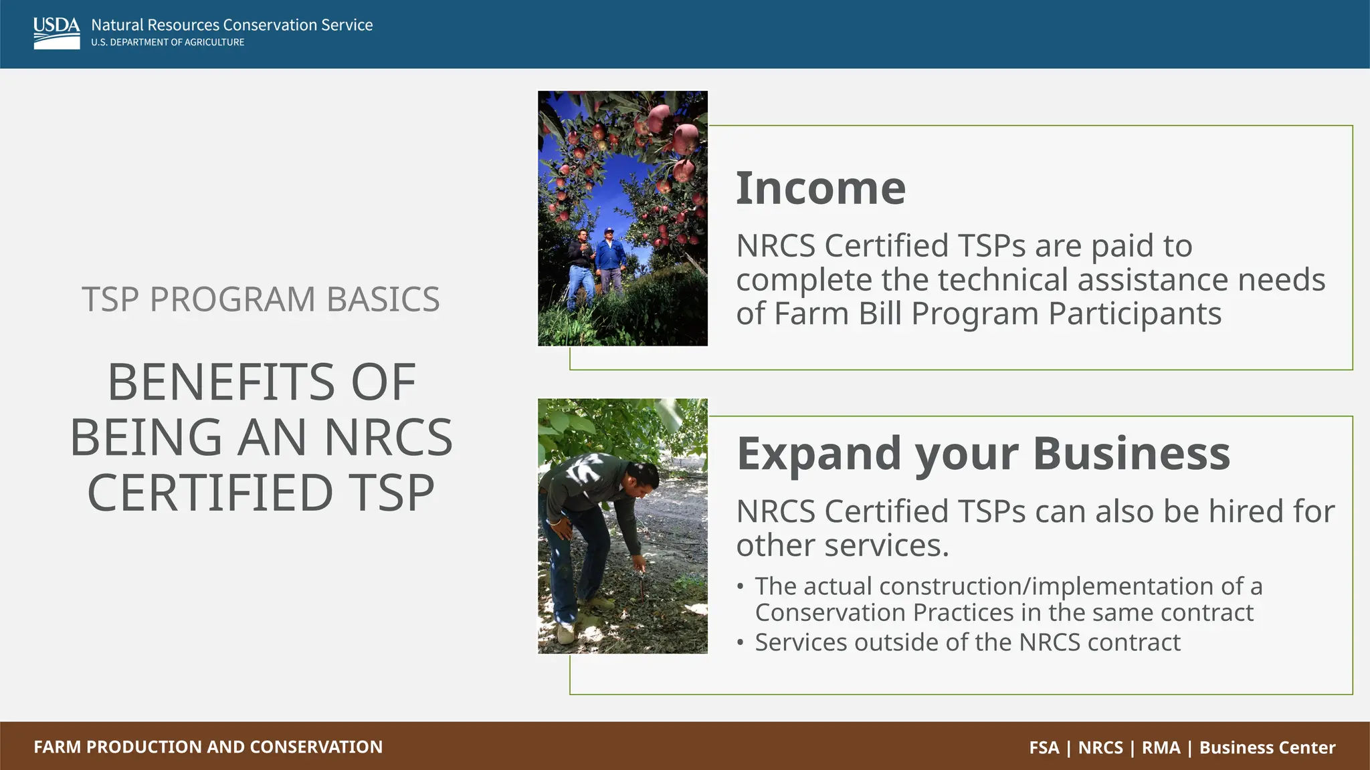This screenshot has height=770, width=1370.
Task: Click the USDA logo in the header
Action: click(57, 33)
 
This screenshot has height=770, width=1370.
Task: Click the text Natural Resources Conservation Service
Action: click(231, 25)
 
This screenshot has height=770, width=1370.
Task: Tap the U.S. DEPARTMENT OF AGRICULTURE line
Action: click(167, 42)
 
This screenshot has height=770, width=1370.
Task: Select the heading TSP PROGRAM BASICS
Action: click(260, 299)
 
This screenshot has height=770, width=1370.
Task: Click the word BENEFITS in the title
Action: click(220, 382)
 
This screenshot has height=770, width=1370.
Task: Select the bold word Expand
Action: click(820, 454)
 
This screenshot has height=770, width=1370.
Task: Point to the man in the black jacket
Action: click(581, 267)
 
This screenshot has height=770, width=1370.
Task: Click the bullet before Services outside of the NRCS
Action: click(740, 643)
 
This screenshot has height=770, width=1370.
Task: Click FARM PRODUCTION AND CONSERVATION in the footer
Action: click(208, 747)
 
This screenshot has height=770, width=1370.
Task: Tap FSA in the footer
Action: click(1044, 747)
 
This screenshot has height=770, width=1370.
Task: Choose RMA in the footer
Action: click(1161, 747)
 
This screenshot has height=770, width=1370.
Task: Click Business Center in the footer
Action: click(1267, 747)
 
